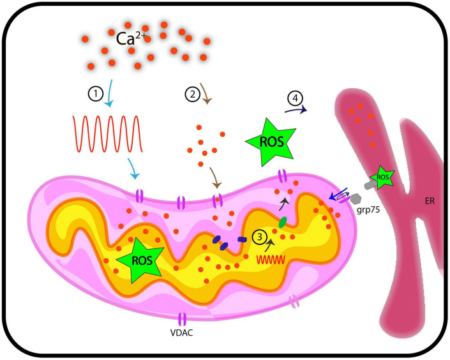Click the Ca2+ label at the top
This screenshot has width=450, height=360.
click(x=131, y=38)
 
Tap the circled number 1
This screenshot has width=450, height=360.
click(x=96, y=94)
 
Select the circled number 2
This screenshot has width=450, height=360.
click(x=192, y=94)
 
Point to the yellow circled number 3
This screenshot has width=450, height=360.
click(x=260, y=237)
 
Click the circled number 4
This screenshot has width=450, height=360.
click(x=296, y=98)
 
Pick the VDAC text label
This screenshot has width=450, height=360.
click(x=182, y=333)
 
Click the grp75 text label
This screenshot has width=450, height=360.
click(x=368, y=210)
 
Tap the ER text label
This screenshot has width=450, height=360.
click(x=430, y=201)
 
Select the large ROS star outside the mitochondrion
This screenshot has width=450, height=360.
click(x=271, y=142)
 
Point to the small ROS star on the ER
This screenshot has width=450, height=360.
click(x=382, y=177)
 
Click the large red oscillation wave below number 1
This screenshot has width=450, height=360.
click(x=108, y=134)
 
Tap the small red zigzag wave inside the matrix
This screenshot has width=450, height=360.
click(x=271, y=260)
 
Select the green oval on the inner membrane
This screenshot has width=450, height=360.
click(x=283, y=223)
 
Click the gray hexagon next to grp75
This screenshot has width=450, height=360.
click(x=356, y=199)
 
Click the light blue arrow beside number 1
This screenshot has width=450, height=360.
click(x=110, y=93)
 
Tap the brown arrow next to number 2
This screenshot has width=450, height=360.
click(x=206, y=94)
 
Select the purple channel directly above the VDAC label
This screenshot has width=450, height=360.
click(x=183, y=319)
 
